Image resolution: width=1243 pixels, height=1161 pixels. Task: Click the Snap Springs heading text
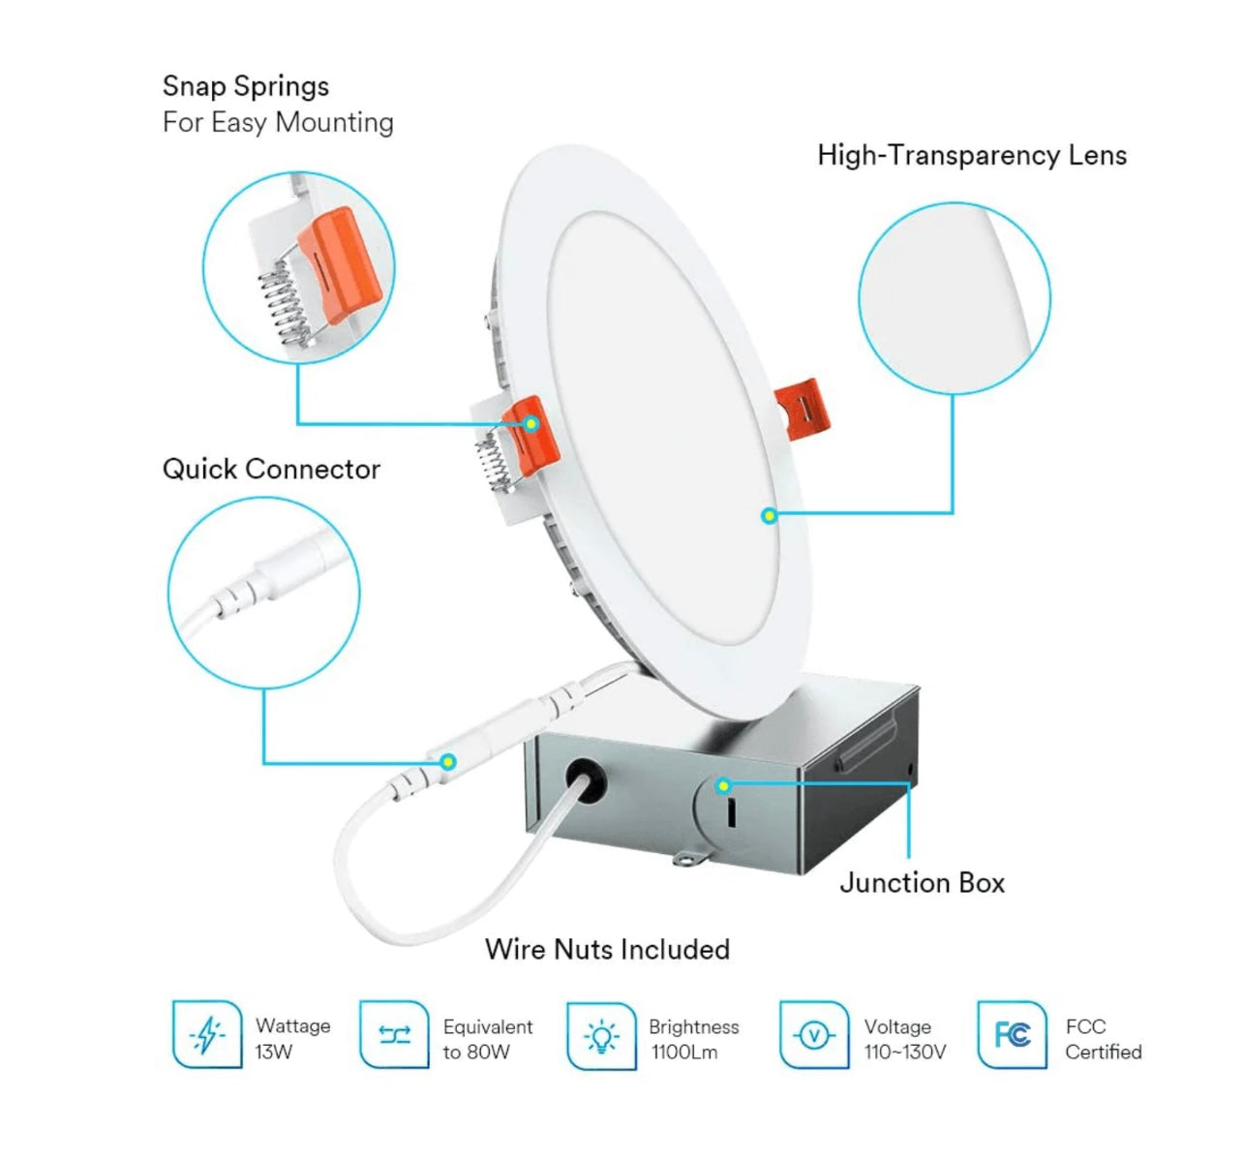(246, 86)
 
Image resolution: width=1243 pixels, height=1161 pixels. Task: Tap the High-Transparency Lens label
(971, 155)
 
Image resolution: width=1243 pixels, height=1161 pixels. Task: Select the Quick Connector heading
(271, 469)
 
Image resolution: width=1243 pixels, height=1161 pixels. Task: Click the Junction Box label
(922, 882)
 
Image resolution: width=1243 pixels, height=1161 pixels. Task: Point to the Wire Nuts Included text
(607, 949)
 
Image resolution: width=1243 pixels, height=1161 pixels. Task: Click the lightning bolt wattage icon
(207, 1035)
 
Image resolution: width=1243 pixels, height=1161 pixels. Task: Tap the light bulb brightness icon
(601, 1036)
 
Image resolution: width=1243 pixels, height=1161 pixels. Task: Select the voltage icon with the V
(813, 1036)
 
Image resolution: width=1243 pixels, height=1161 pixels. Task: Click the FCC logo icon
(1012, 1035)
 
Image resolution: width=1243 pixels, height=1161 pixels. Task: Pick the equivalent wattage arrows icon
(394, 1035)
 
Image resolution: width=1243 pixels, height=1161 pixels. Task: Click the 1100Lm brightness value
(684, 1053)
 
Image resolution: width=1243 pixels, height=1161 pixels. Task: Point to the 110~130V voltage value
(905, 1053)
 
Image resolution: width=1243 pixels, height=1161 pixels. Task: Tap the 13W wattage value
(274, 1052)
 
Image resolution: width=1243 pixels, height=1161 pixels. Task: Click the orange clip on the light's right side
(803, 408)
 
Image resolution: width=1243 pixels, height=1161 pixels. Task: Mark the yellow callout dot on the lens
(769, 515)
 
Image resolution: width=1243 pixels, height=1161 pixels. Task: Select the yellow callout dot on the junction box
(723, 785)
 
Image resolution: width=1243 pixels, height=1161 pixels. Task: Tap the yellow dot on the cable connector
(447, 761)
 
